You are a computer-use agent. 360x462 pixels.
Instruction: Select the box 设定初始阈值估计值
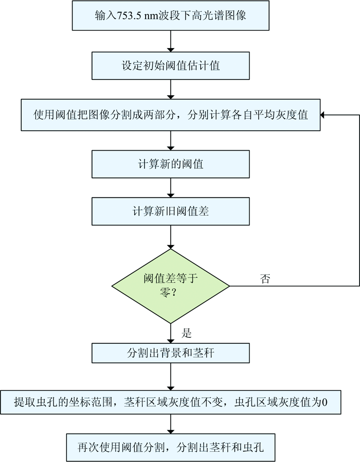click(171, 65)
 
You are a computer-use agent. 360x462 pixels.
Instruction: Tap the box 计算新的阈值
click(171, 164)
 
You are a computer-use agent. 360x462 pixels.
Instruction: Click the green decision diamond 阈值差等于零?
click(171, 287)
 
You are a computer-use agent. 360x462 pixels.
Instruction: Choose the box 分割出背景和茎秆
click(171, 353)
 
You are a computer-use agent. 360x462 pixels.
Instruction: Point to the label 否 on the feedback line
click(266, 279)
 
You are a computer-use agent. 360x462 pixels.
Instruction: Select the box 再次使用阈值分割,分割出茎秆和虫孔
click(171, 447)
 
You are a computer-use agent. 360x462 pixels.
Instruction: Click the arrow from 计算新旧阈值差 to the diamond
click(171, 236)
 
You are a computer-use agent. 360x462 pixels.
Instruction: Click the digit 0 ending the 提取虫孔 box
click(324, 401)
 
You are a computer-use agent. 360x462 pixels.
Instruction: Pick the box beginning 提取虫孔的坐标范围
click(171, 401)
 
